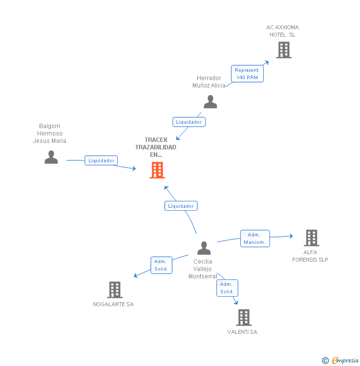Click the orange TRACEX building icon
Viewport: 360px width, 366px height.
tap(157, 170)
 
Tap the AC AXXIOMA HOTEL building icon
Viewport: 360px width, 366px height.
tap(283, 50)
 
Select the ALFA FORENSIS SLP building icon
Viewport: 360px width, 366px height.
tap(311, 238)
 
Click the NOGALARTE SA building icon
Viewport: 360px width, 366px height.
tap(114, 290)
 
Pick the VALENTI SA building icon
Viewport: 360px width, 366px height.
tap(243, 318)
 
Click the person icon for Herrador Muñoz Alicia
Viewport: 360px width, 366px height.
tap(210, 101)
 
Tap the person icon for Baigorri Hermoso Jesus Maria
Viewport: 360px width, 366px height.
tap(51, 157)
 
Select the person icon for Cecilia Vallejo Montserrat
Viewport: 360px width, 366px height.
tap(204, 248)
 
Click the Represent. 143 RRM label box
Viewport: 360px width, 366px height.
tap(247, 74)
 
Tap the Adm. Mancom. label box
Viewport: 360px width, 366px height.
tap(255, 238)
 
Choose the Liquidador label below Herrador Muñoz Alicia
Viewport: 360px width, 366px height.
tap(188, 122)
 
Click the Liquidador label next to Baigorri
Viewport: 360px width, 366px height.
tap(101, 160)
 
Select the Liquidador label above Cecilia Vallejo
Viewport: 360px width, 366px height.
tap(181, 206)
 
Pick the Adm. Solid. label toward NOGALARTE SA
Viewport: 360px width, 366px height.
tap(161, 265)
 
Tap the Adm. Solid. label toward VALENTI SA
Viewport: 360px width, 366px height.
tap(227, 288)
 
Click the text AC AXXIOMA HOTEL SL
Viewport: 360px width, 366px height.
tap(282, 31)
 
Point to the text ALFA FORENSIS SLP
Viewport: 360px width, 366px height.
tap(310, 256)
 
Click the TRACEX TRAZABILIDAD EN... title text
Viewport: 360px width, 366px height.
tap(156, 147)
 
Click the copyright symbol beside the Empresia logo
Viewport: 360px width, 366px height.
tap(325, 361)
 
